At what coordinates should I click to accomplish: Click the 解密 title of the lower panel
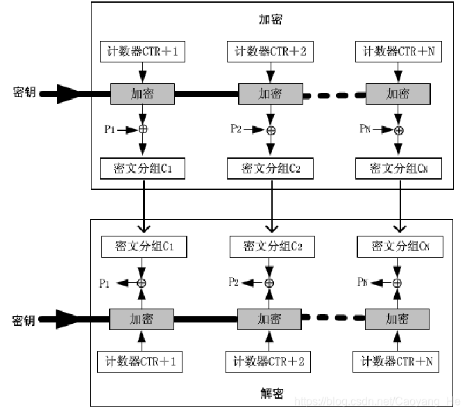coord(271,394)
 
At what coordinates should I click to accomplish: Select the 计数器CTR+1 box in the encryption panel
coord(143,51)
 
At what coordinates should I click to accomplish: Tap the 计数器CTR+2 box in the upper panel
coord(271,51)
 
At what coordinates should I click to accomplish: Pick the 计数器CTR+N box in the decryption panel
coord(396,361)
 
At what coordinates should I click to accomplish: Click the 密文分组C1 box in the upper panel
coord(143,168)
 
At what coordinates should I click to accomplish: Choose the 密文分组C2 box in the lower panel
coord(272,246)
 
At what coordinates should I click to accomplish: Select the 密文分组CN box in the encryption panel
coord(398,168)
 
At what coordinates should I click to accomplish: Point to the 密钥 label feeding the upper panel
coord(24,92)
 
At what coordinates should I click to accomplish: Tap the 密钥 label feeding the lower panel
coord(24,320)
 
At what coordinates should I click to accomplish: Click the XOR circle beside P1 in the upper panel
coord(144,129)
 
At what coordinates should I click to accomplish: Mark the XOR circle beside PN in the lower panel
coord(398,282)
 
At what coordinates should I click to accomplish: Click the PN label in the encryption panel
coord(365,129)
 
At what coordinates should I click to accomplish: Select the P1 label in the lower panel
coord(105,282)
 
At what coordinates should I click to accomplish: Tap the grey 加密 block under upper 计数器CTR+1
coord(143,93)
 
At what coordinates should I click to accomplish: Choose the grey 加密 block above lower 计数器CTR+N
coord(397,320)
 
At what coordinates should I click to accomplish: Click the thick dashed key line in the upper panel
coord(334,94)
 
